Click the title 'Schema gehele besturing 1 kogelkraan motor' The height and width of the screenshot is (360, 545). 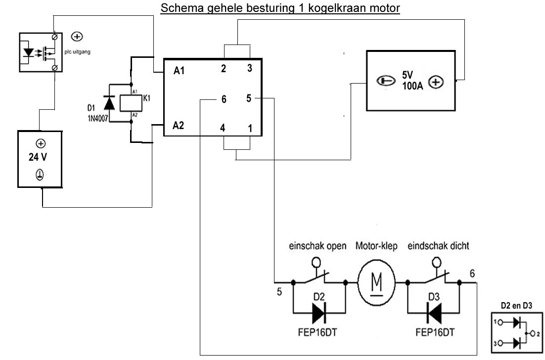click(x=280, y=9)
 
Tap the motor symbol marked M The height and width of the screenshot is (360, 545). click(x=376, y=283)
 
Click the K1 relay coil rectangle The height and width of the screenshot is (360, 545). click(x=131, y=103)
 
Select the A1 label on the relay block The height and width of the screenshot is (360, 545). click(x=179, y=71)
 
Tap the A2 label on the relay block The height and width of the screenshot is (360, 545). click(x=179, y=125)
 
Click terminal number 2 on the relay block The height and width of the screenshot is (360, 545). click(x=224, y=69)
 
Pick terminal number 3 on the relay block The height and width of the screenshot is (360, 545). click(x=249, y=69)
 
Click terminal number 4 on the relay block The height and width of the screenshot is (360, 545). click(x=223, y=128)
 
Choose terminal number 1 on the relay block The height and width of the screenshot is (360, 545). click(x=249, y=128)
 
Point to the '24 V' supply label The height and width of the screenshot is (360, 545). click(x=40, y=159)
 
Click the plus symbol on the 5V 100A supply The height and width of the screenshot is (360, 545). click(x=435, y=83)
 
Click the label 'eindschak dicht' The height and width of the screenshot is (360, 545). click(x=438, y=246)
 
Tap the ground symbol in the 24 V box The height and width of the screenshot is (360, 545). click(x=40, y=175)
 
